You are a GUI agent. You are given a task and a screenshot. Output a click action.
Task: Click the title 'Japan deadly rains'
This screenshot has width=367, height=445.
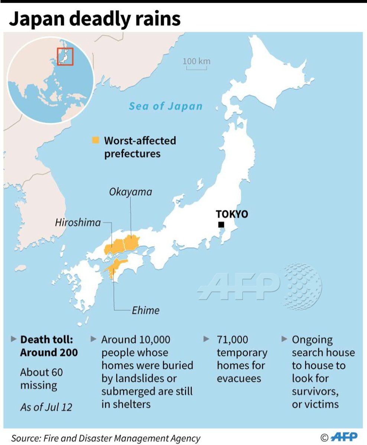pos(95,19)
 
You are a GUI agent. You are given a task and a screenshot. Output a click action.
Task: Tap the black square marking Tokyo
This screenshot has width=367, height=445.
pos(221,224)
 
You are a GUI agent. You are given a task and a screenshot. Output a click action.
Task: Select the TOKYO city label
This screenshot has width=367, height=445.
pos(232,214)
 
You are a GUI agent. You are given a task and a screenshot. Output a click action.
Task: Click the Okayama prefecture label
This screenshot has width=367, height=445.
pos(130,192)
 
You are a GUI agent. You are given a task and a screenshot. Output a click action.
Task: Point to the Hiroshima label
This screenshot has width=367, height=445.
pos(78,222)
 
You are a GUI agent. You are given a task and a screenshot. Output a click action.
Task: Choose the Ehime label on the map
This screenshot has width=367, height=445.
pos(146,310)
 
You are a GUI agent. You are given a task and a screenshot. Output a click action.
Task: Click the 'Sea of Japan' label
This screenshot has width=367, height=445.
pos(166,106)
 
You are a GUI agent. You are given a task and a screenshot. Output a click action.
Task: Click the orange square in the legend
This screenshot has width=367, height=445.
pos(96,140)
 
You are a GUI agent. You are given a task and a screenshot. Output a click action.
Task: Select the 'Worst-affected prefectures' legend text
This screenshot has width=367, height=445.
pos(140,147)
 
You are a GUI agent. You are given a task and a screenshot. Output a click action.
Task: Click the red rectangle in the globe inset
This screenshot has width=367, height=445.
pos(65,57)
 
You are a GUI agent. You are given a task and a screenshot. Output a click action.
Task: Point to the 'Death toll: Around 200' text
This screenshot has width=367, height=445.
pos(49,346)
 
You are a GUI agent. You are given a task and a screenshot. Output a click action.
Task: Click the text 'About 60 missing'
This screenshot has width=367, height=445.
pos(41,378)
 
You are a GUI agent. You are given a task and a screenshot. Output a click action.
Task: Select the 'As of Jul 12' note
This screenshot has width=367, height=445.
pos(46,407)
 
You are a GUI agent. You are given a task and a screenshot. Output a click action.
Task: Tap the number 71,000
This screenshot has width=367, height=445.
pos(233,340)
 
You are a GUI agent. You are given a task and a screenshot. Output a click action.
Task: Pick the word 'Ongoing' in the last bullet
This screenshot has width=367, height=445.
pos(312,340)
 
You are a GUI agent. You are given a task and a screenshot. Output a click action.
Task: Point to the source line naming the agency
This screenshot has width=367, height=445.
pos(106,438)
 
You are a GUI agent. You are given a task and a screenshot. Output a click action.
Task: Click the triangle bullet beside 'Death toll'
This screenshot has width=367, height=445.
pos(14,339)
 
